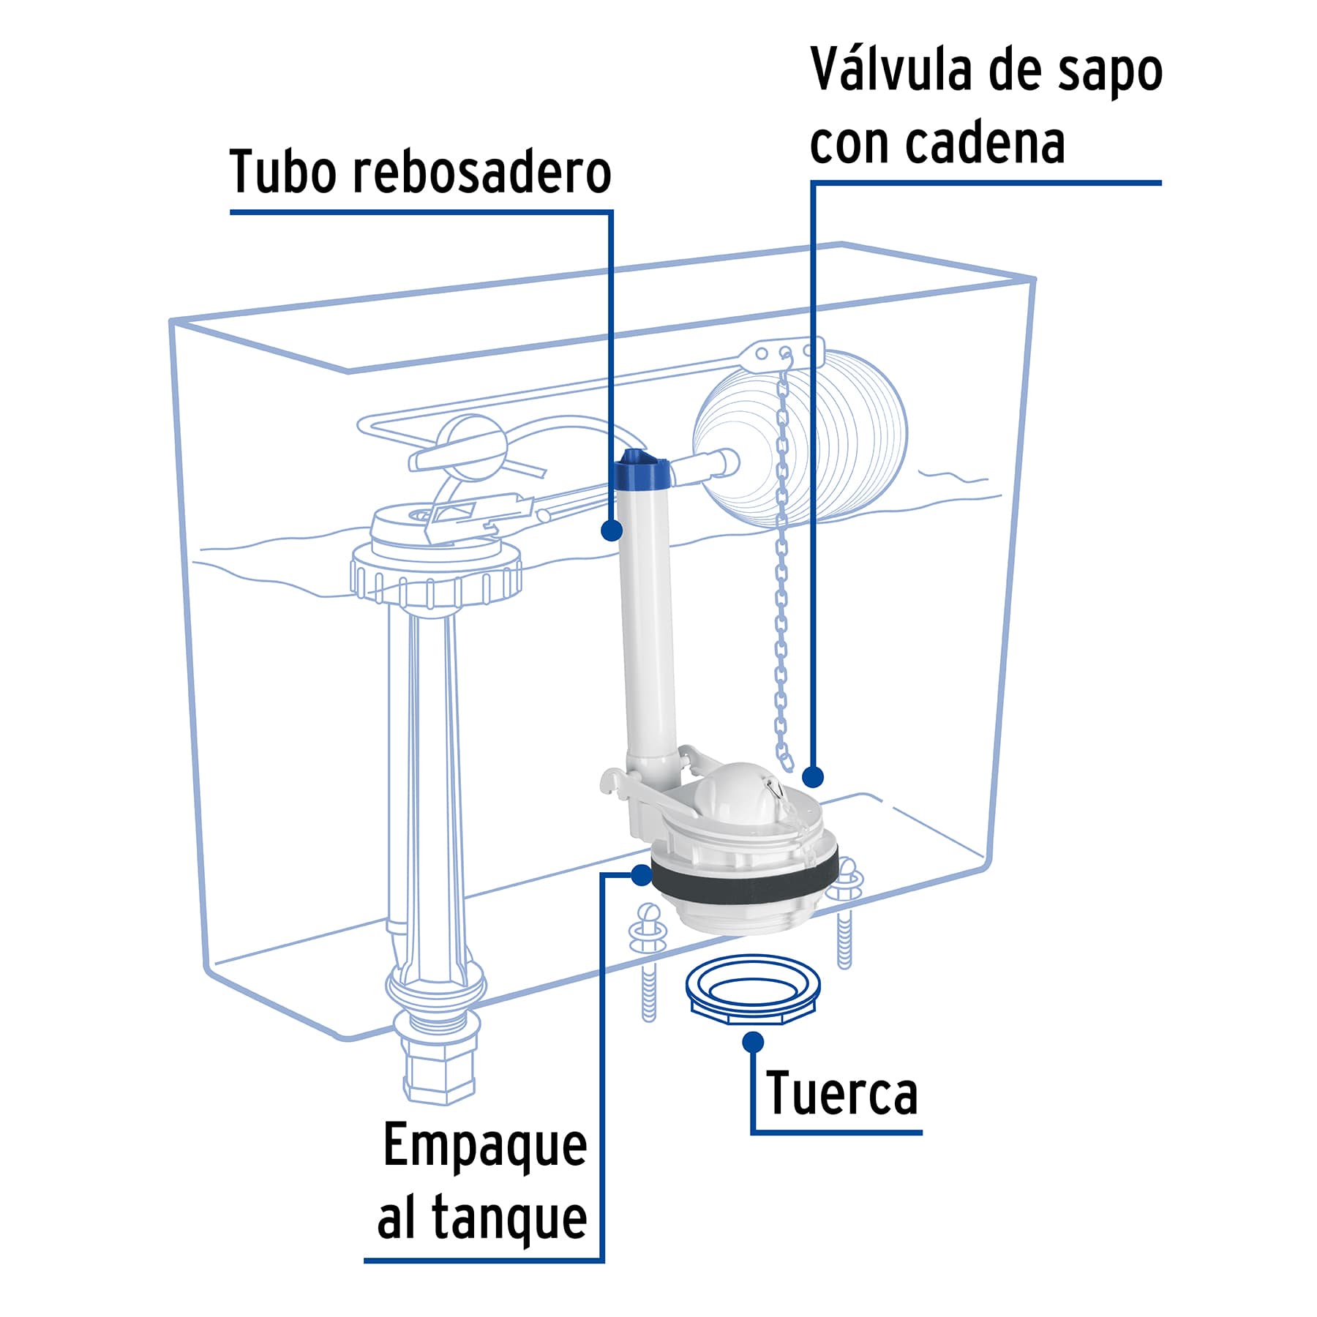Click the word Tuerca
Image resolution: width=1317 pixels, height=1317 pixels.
(841, 1094)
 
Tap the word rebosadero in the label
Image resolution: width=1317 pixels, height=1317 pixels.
(482, 173)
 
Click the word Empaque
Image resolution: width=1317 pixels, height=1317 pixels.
(485, 1147)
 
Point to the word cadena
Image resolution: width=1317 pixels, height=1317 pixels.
(985, 143)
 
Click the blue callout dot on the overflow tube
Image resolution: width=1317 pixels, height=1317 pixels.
(612, 530)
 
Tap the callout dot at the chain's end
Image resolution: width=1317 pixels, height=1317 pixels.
(813, 776)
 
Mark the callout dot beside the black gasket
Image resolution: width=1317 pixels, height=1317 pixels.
(642, 874)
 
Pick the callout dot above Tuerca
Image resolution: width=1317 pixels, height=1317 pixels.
(753, 1042)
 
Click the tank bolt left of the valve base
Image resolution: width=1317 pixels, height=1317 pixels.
(648, 958)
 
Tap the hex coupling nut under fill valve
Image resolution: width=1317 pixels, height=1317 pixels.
(440, 1076)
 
